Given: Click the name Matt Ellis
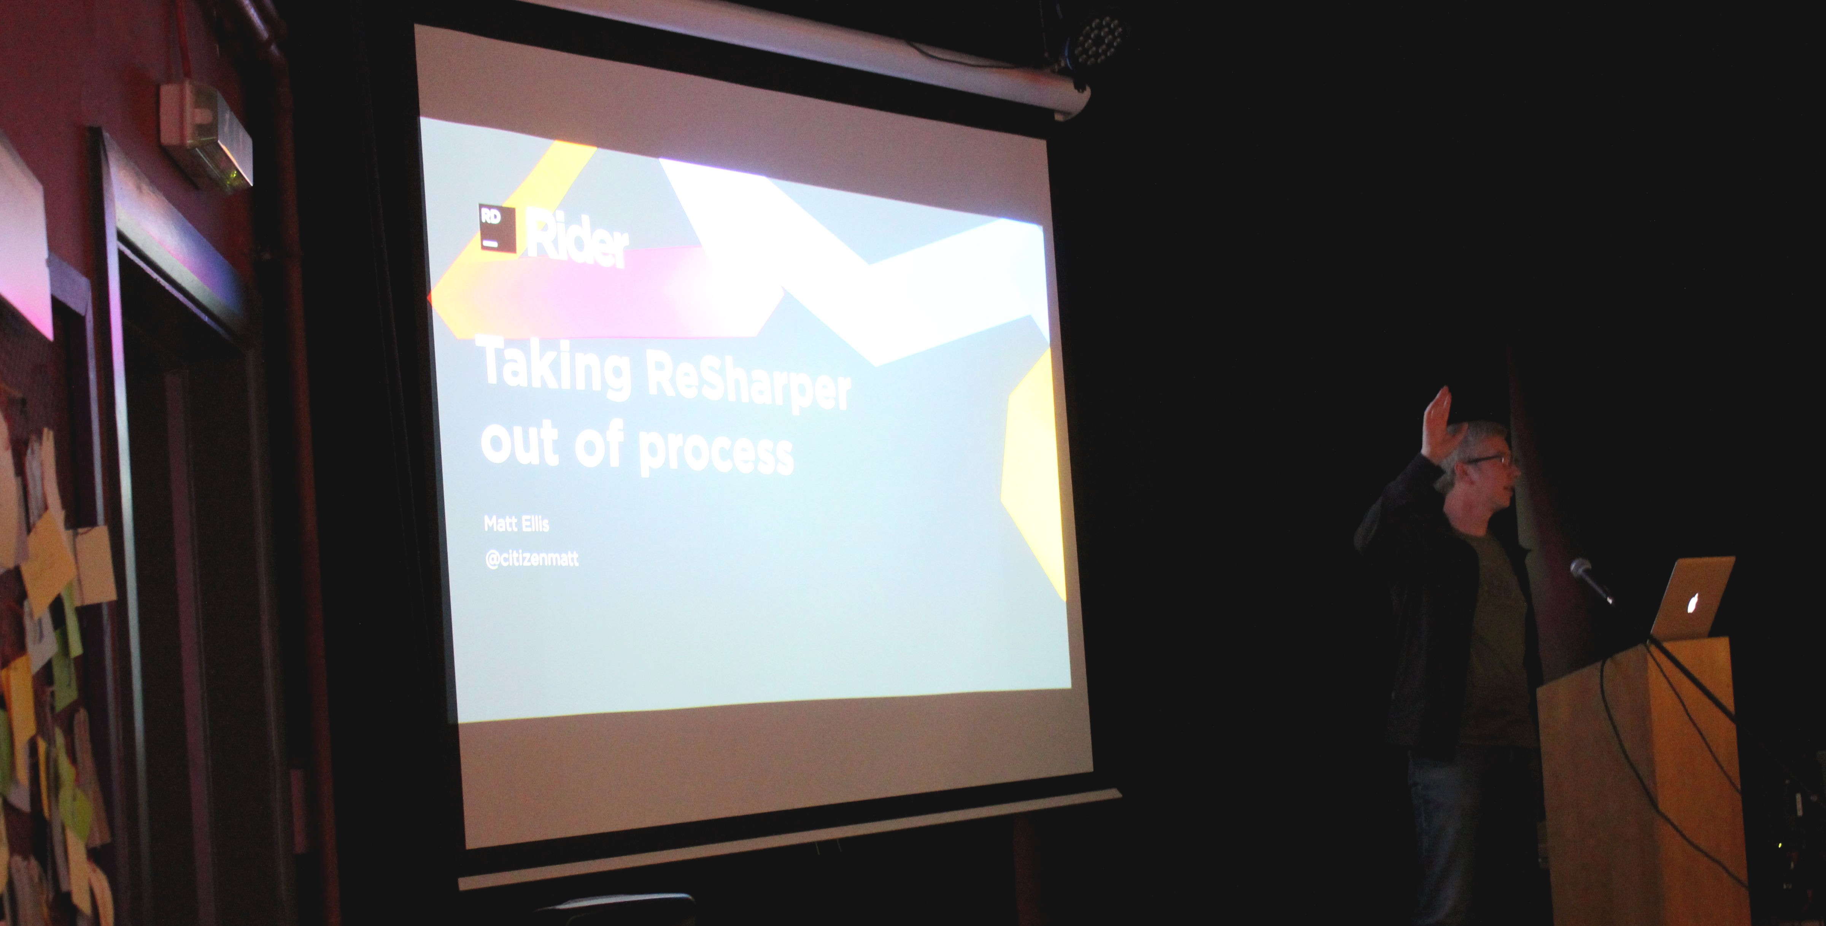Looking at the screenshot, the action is point(516,524).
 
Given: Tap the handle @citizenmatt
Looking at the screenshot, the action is point(532,558).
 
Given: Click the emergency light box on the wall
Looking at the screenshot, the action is point(205,135).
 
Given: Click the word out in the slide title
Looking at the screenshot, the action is point(520,443).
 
